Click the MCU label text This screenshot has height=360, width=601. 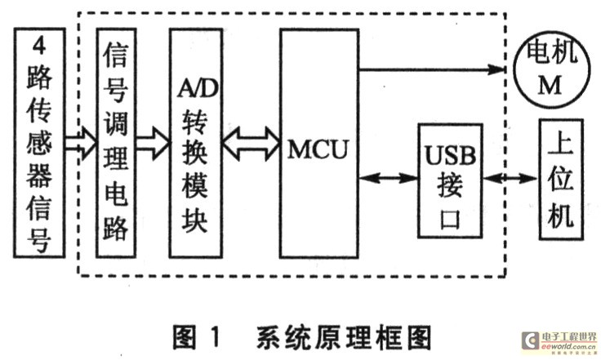point(318,150)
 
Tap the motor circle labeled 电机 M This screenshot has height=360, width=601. point(549,72)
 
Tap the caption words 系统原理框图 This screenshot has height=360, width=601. point(343,336)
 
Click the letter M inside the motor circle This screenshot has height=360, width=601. point(549,88)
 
